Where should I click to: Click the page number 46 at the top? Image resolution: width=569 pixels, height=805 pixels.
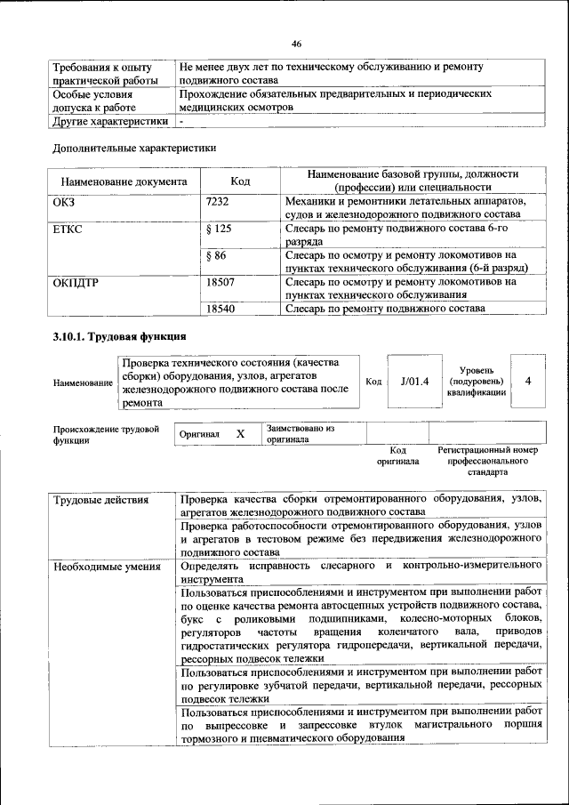[296, 44]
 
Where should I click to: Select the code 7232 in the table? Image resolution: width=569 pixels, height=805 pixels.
[218, 202]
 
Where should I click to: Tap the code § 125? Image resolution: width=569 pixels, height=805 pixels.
[219, 229]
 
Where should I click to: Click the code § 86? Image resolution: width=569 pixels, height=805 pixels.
[216, 255]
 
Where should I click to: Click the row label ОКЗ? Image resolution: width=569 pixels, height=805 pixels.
[67, 202]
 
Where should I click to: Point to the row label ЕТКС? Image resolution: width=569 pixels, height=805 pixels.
[71, 229]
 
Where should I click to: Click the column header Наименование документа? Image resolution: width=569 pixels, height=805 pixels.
[124, 181]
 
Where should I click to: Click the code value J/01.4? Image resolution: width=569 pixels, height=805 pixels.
[414, 382]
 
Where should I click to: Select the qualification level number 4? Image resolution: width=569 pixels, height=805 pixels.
[528, 381]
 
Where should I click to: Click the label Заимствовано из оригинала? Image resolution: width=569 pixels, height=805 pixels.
[300, 434]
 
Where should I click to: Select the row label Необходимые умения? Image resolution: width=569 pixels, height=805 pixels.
[107, 566]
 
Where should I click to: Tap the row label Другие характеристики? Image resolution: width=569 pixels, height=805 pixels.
[110, 121]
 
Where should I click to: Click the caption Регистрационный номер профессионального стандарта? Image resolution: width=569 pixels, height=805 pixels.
[487, 462]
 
